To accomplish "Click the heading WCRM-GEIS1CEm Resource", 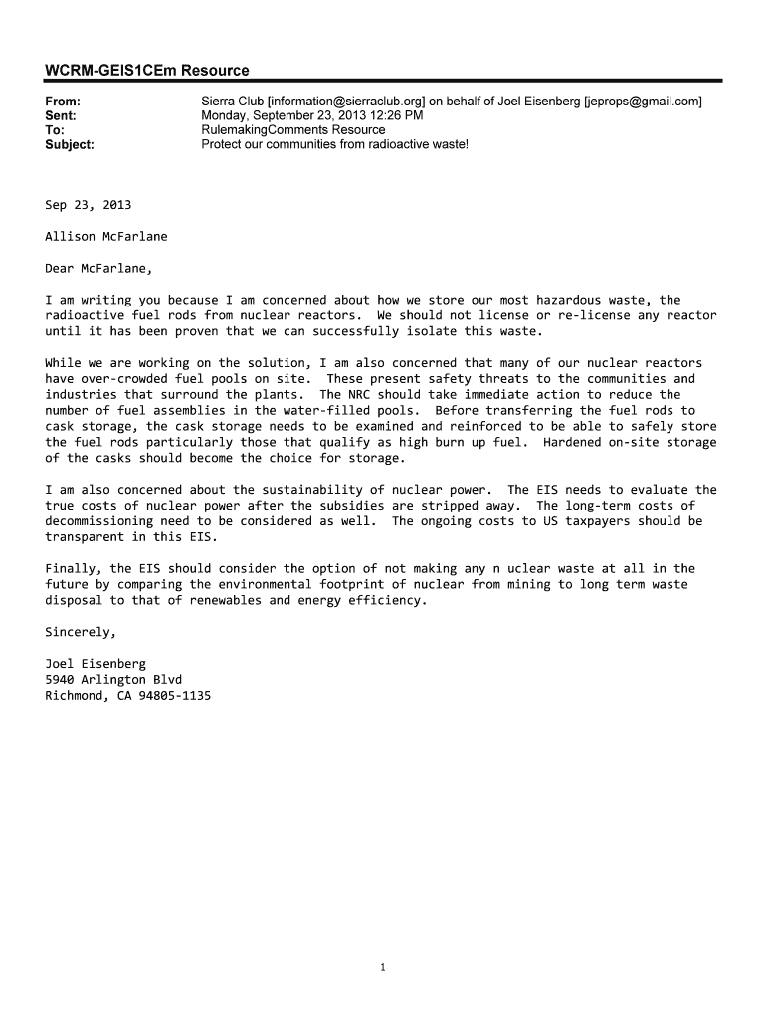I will pos(147,70).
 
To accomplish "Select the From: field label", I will pos(63,102).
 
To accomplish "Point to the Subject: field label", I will pos(70,144).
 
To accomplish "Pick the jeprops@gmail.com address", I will pos(643,102).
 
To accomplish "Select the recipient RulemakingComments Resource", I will pos(292,130).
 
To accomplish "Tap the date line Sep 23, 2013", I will pos(88,205).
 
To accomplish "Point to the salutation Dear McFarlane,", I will pos(99,268).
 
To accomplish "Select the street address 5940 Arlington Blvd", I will pos(113,680).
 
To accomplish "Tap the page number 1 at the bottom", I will pos(383,967).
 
